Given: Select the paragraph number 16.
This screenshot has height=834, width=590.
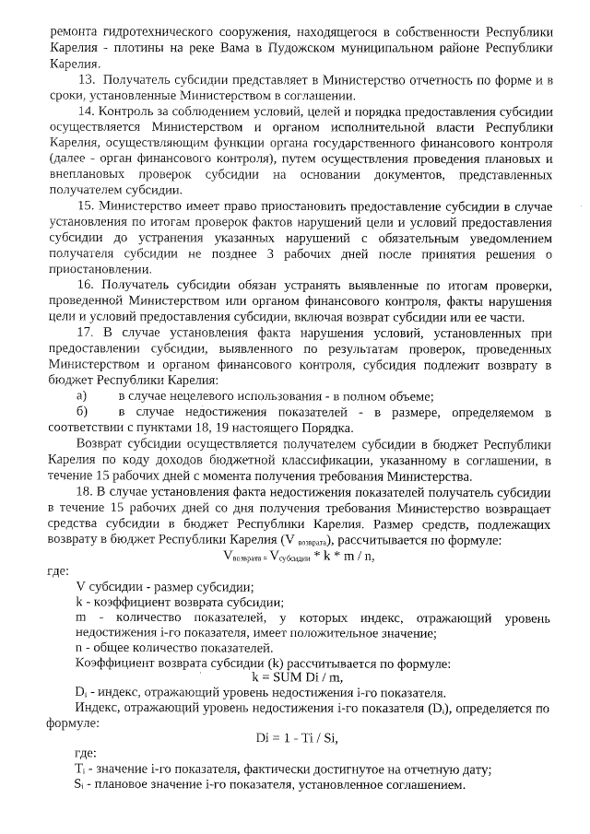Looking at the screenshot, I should [86, 286].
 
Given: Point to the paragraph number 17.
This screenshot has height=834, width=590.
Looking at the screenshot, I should [86, 333].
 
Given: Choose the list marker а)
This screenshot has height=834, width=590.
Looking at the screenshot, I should [81, 395].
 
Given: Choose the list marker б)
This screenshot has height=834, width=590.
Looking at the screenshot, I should [82, 411].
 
